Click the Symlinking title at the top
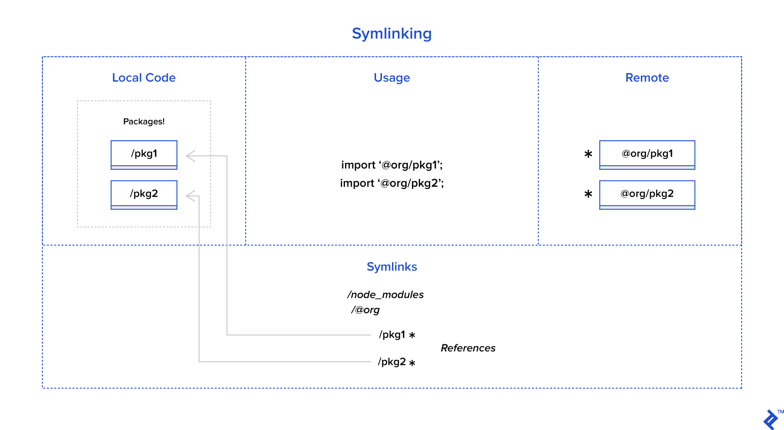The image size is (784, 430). (x=392, y=34)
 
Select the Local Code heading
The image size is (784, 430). (x=144, y=78)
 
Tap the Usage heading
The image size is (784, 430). (x=392, y=78)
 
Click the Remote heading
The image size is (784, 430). (x=647, y=78)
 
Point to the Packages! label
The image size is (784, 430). (x=144, y=122)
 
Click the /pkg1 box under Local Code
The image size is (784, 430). (x=144, y=154)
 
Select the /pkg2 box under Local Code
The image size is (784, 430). (x=144, y=195)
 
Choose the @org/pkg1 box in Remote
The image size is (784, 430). (x=647, y=154)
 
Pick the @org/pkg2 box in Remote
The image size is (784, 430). (x=647, y=195)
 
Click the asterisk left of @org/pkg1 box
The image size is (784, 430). (x=588, y=154)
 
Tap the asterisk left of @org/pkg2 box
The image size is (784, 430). (x=588, y=195)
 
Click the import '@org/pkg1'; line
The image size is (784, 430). (x=392, y=165)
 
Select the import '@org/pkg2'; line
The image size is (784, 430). (x=392, y=183)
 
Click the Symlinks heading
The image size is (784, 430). (x=392, y=267)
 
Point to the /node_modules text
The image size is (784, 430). (x=386, y=295)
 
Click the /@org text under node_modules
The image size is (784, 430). (x=365, y=310)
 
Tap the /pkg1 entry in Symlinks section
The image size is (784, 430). (x=392, y=335)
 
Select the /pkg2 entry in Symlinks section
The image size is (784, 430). (x=392, y=362)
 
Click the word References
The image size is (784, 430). (x=468, y=348)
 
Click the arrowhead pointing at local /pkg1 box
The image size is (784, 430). (x=190, y=156)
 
